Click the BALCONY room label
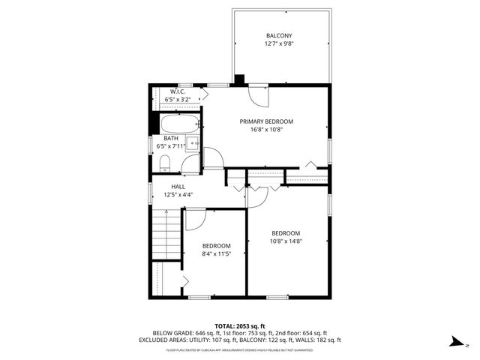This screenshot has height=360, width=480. click(279, 36)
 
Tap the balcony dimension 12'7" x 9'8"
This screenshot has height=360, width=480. click(279, 44)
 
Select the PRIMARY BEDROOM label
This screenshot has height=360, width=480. click(266, 121)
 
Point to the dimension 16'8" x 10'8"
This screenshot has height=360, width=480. click(266, 129)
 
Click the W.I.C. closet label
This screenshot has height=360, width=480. click(177, 91)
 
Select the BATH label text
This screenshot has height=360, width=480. click(171, 138)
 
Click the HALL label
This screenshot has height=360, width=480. click(178, 187)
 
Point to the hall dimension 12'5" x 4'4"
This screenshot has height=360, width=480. click(178, 195)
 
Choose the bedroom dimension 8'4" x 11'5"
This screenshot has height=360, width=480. click(216, 254)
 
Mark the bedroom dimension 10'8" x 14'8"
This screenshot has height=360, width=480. click(286, 241)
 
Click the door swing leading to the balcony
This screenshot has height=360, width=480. click(256, 95)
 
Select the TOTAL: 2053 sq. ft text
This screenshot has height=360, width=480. click(240, 325)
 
